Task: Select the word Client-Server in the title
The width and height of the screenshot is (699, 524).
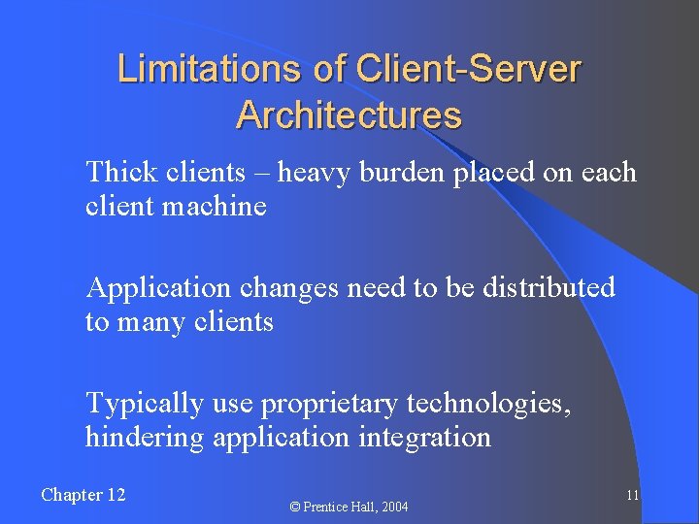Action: click(469, 70)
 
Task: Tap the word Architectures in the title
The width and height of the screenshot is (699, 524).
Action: click(349, 115)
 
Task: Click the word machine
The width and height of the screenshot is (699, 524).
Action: click(217, 206)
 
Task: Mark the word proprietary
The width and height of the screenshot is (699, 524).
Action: click(331, 403)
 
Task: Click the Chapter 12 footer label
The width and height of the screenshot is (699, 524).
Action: click(83, 495)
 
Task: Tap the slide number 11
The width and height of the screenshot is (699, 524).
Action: click(631, 495)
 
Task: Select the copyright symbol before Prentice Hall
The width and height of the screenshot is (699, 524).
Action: click(296, 507)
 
